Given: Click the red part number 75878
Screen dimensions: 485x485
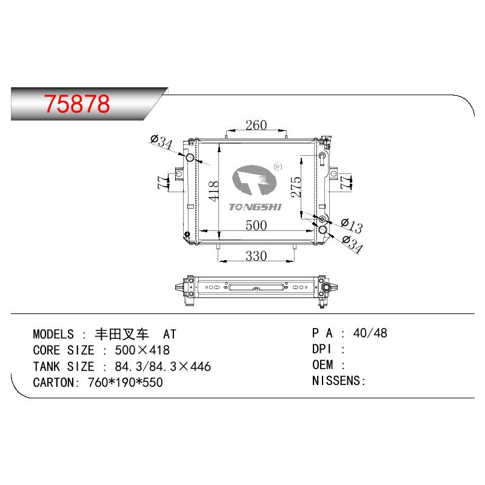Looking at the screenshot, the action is [77, 104].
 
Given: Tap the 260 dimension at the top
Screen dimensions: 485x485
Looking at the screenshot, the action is [256, 125].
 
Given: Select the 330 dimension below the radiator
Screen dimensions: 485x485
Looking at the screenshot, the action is [256, 256].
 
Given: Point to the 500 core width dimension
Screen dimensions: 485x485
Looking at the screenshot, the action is [256, 225].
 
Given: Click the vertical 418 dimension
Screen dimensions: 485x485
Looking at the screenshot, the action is [214, 192].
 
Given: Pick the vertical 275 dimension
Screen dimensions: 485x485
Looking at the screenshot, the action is [296, 187].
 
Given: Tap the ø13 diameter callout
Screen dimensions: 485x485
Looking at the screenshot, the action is [352, 226].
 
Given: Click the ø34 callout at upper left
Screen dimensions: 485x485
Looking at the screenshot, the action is [161, 142].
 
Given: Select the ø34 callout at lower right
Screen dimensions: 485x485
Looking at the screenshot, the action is [353, 244].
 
